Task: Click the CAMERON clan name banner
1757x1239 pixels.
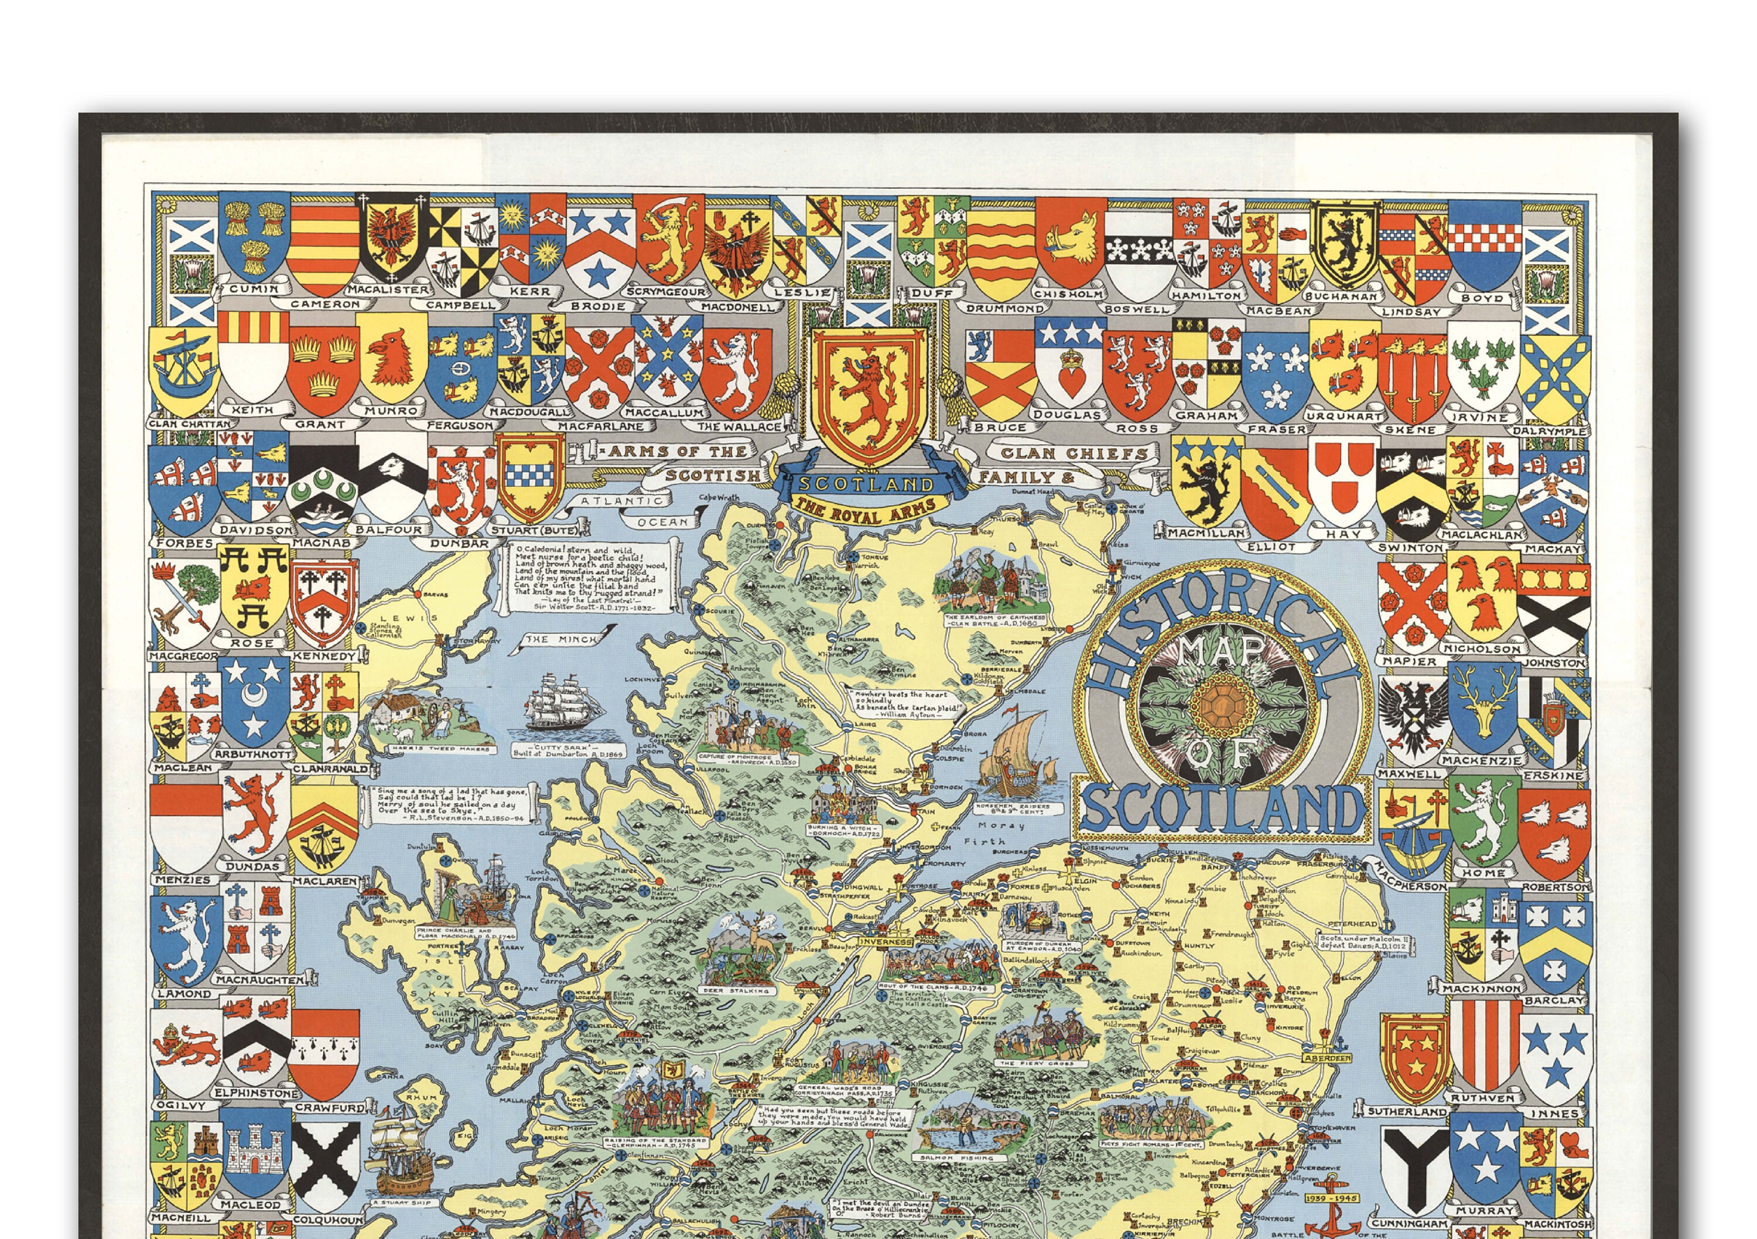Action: click(x=324, y=304)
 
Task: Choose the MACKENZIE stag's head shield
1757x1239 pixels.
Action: click(x=1482, y=710)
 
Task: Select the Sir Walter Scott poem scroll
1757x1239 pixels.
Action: click(x=586, y=575)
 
